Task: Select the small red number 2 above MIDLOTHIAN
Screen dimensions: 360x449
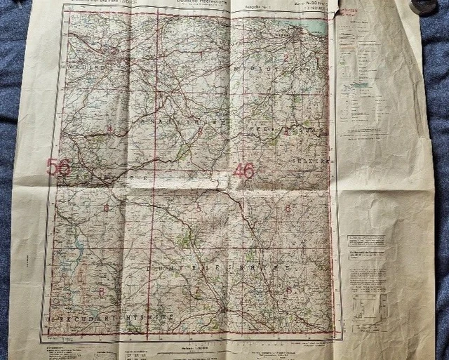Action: pyautogui.click(x=286, y=58)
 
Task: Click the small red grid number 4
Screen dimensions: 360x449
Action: pyautogui.click(x=110, y=128)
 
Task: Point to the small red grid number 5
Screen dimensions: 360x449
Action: pyautogui.click(x=199, y=207)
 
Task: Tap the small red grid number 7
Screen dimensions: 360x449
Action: pyautogui.click(x=197, y=290)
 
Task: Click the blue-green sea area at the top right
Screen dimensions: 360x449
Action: pyautogui.click(x=314, y=27)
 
